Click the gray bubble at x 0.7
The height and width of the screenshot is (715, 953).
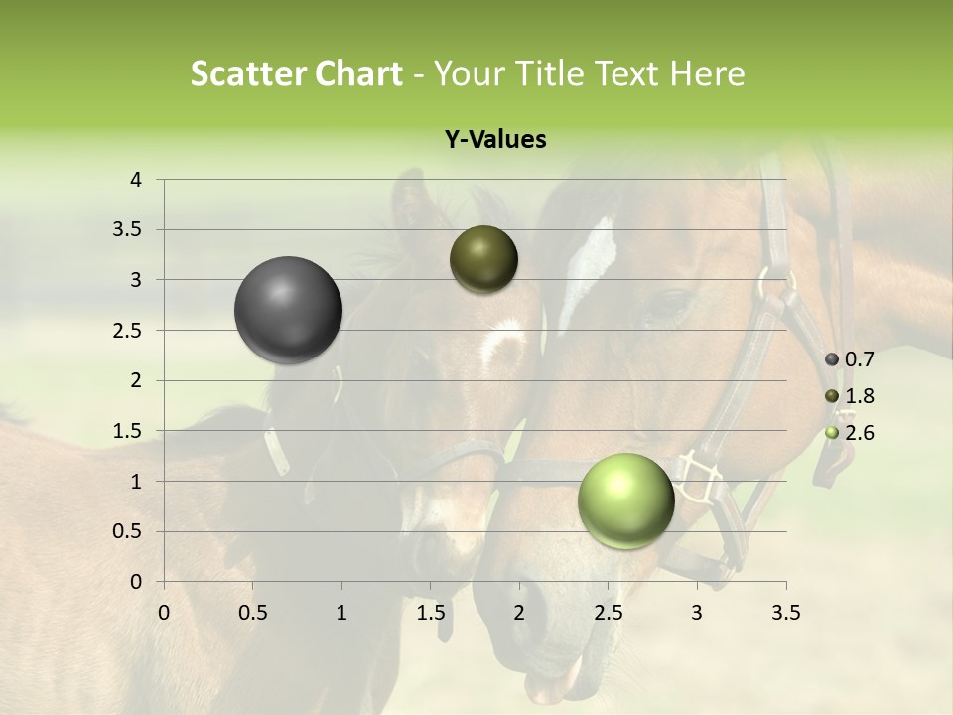pos(289,310)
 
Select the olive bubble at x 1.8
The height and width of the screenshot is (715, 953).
pos(483,259)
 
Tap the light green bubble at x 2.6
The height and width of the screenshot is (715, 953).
pos(625,500)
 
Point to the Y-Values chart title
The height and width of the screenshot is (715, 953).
pos(494,140)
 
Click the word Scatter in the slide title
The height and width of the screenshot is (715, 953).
pos(247,73)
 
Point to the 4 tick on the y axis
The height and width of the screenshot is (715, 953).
pos(136,180)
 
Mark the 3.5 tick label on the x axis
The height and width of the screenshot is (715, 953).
pos(785,613)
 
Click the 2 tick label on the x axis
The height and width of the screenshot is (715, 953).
pos(519,613)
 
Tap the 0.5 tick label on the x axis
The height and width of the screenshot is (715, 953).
pos(253,613)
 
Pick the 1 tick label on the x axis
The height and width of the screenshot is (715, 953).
pos(342,613)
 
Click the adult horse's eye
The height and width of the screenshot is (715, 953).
pos(666,299)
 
